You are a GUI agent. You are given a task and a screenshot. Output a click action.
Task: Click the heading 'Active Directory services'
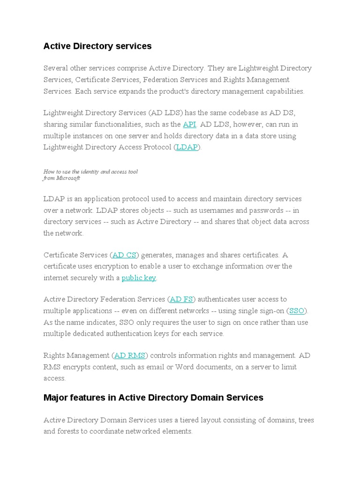[97, 46]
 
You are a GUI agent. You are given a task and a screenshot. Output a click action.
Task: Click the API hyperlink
[189, 124]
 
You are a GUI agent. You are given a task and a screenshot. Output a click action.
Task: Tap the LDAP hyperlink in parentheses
[187, 147]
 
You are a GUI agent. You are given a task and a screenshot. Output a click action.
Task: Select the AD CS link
[124, 255]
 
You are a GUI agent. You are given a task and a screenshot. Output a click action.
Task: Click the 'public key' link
[138, 277]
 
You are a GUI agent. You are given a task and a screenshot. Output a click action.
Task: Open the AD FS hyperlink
[181, 299]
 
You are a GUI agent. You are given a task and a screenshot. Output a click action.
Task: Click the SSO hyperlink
[297, 310]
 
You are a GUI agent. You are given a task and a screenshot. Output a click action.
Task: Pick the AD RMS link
[130, 355]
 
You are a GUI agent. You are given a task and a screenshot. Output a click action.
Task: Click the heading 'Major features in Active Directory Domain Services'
[153, 397]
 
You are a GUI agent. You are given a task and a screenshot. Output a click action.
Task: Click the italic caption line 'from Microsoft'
[61, 178]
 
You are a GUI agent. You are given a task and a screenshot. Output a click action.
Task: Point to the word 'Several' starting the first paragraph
[55, 68]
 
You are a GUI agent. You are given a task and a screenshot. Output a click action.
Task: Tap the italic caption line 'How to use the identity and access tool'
[90, 172]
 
